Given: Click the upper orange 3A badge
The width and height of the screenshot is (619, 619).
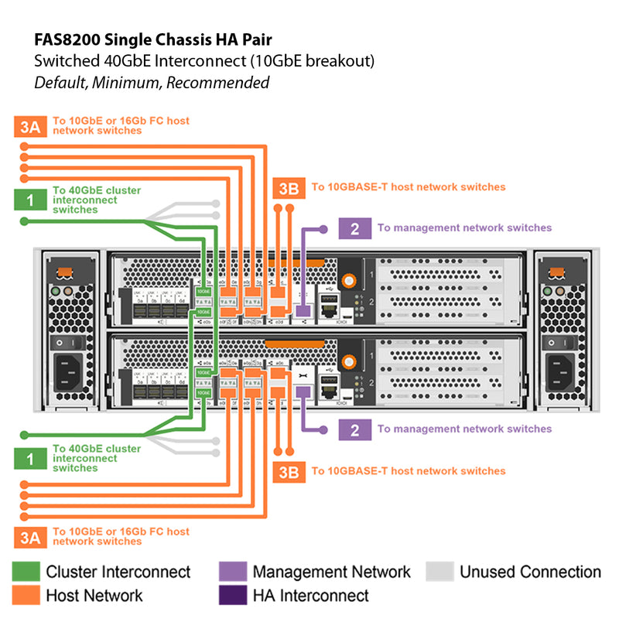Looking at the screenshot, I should click(29, 126).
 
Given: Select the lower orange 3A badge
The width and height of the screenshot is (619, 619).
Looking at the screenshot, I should click(29, 536).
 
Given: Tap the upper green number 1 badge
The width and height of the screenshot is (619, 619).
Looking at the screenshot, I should click(29, 200).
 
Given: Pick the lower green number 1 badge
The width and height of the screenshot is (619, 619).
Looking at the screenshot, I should click(29, 458).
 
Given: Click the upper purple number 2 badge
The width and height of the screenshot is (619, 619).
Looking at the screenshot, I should click(354, 228).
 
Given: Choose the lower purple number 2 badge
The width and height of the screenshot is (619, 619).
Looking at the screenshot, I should click(354, 429).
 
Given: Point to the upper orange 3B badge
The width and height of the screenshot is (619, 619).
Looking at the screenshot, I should click(288, 187).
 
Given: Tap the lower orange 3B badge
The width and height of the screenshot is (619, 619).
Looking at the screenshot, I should click(288, 471).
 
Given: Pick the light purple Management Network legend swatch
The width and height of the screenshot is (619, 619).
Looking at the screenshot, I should click(231, 572).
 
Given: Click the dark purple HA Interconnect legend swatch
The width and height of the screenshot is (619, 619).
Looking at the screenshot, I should click(231, 595).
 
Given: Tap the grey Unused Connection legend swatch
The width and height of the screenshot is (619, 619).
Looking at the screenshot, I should click(439, 572).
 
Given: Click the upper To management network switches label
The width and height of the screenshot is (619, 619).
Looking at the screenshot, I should click(464, 228).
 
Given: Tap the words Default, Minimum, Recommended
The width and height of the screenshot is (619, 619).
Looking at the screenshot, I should click(152, 82).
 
